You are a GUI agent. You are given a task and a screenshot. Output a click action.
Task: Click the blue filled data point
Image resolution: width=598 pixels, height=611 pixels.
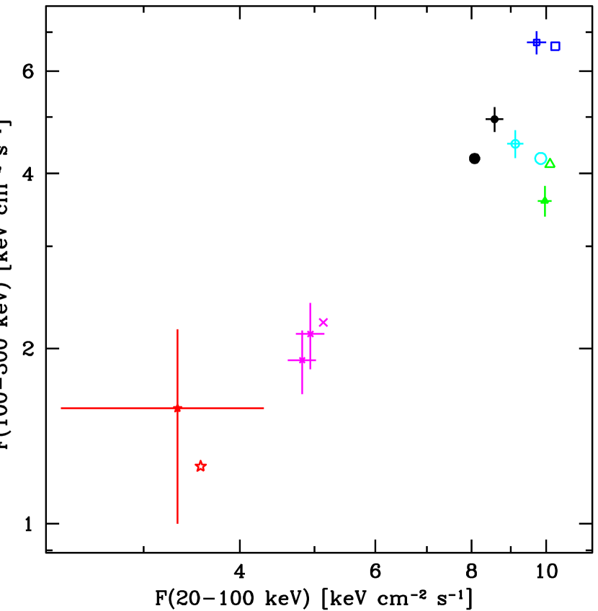coord(537,43)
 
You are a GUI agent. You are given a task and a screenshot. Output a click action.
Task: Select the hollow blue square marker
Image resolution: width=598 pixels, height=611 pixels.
coord(555,46)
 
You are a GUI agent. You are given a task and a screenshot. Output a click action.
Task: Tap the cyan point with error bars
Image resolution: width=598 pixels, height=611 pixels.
coord(515,143)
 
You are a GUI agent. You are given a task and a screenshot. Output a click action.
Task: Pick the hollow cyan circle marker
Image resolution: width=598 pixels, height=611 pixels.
coord(540,159)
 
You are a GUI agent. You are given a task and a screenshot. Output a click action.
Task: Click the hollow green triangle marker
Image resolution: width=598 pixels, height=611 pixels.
coord(550,164)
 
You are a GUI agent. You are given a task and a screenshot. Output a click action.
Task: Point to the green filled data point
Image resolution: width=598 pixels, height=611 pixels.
coord(545,201)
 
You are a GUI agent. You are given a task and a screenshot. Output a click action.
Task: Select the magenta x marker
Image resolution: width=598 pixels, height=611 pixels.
coord(323,322)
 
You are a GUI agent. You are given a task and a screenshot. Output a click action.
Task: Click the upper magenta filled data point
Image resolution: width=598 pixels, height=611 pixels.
coord(310,334)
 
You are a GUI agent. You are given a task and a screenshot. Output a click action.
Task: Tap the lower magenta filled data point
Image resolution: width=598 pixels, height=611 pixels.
coord(302,360)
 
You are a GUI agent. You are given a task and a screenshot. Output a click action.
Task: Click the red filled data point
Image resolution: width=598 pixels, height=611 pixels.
coord(177,409)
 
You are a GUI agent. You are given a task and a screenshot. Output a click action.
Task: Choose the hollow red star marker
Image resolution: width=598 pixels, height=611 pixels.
coord(200,466)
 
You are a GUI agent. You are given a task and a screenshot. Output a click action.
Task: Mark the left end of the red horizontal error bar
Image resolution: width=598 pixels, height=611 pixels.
coord(61,409)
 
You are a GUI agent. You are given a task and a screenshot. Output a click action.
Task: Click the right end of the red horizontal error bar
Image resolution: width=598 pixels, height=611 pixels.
coord(264,409)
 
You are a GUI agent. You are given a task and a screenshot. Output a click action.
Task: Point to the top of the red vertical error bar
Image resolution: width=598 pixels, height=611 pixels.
coord(177,329)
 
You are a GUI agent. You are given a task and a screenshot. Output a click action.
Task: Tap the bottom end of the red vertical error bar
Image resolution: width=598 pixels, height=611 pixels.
coord(177,523)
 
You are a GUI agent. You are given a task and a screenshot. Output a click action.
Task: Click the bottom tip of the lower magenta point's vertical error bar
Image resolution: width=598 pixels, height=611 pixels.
coord(302,394)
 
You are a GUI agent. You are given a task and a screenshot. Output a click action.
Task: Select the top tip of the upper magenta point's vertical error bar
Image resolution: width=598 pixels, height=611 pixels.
coord(310,303)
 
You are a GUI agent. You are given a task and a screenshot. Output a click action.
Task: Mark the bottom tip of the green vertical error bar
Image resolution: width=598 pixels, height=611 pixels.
coord(545,216)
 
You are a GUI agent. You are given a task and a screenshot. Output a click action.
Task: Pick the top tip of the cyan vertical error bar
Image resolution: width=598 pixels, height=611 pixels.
coord(515,130)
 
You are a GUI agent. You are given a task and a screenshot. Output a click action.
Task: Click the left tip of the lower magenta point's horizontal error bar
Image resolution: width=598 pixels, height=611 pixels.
coord(288,360)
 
